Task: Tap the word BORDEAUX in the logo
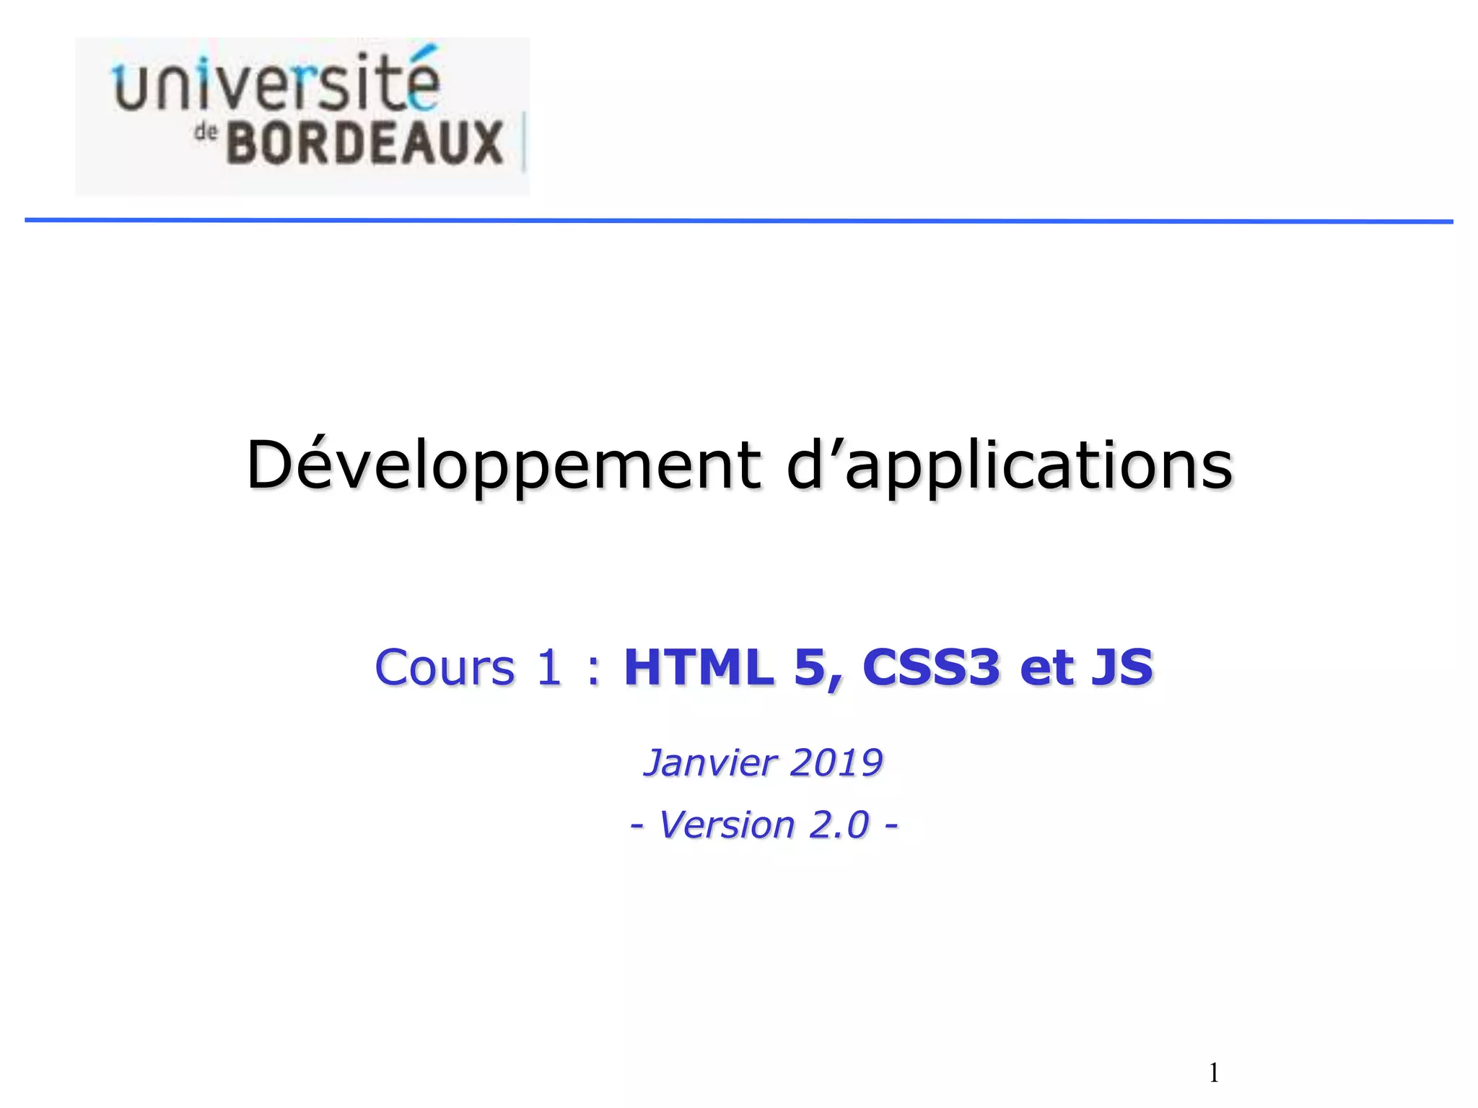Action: tap(364, 143)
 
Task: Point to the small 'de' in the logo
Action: tap(206, 133)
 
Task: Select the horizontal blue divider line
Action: tap(739, 221)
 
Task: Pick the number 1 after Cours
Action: tap(548, 667)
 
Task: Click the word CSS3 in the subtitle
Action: tap(931, 667)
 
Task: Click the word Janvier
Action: tap(710, 763)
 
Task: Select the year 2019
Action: tap(836, 763)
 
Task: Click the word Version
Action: tap(727, 825)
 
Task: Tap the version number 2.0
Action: tap(839, 825)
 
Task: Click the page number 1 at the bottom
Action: tap(1215, 1073)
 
